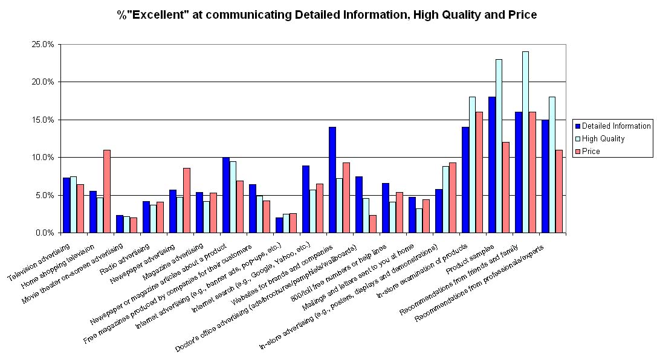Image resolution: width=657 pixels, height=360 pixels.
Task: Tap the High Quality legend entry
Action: tap(604, 138)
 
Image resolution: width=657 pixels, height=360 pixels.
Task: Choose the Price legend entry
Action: tap(595, 151)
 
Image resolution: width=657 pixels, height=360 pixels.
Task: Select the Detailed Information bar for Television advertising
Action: tap(66, 205)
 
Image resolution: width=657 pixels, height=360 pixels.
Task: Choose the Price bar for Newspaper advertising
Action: tap(187, 200)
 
